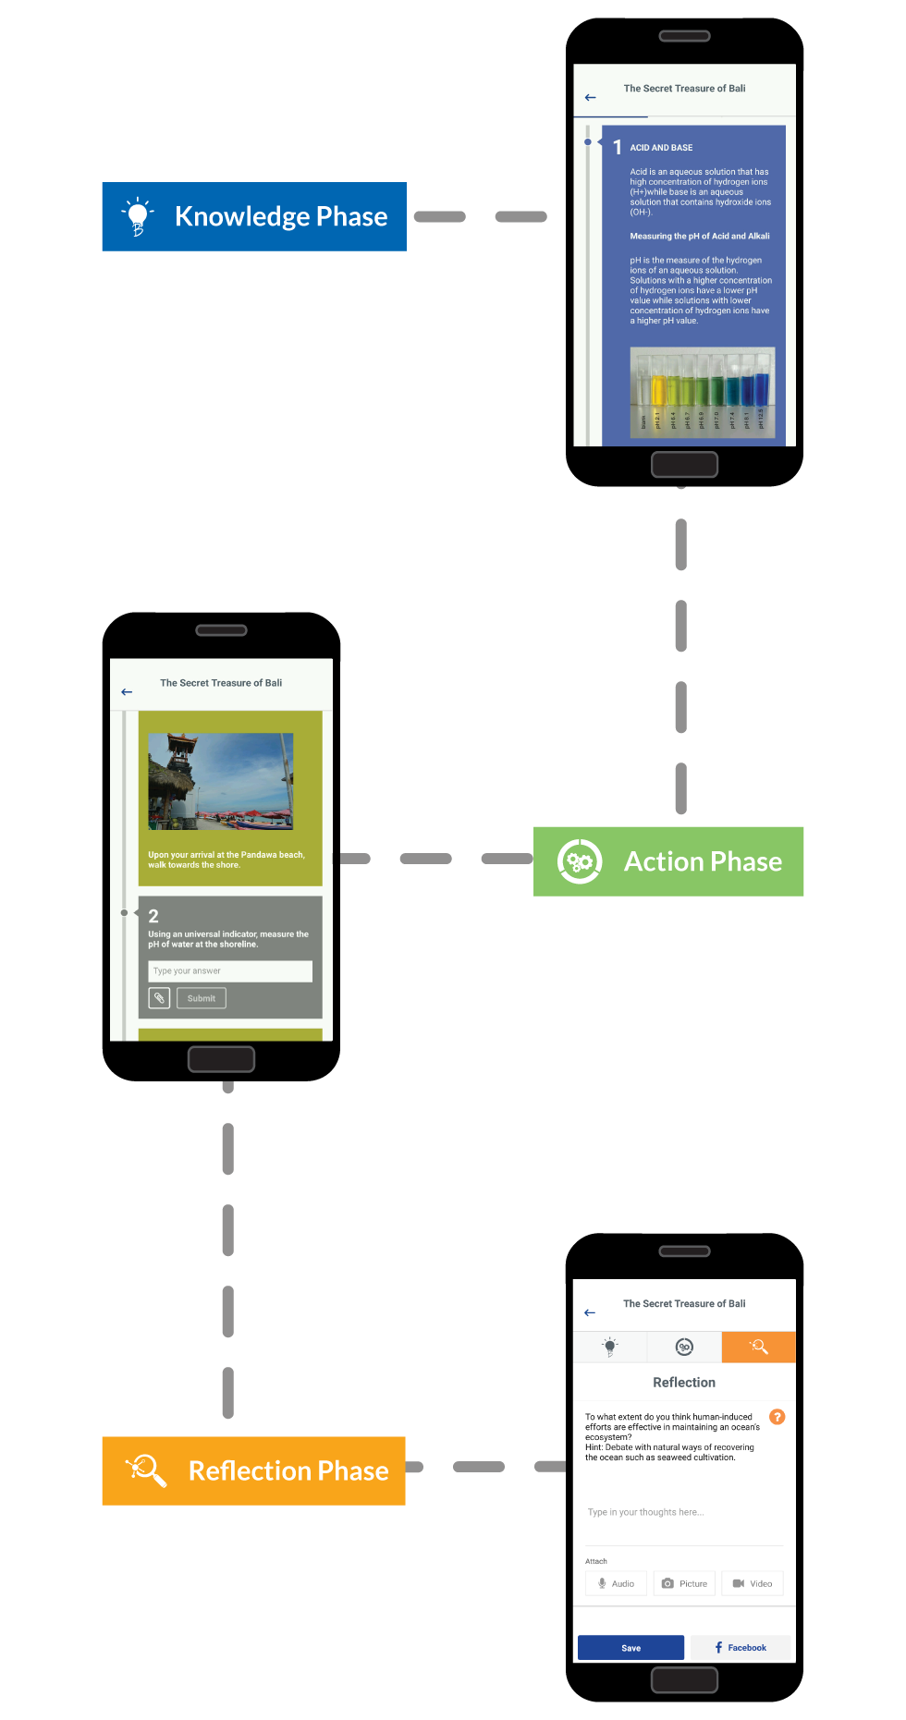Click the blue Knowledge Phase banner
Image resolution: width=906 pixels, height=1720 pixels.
254,216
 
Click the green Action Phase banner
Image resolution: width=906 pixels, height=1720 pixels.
668,861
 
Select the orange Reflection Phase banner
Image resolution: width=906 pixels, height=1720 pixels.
253,1470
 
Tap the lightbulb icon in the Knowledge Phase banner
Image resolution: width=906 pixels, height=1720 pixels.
138,216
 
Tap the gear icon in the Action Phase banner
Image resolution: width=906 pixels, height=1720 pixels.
580,861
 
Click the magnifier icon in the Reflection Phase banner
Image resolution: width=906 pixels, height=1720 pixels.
146,1470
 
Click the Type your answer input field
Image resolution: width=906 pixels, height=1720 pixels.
230,971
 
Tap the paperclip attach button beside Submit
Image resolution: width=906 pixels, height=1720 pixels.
159,998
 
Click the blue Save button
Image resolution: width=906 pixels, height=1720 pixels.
631,1648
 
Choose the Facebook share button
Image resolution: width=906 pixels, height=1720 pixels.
741,1648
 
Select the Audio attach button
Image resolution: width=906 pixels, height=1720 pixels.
616,1583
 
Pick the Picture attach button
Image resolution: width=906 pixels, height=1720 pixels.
684,1583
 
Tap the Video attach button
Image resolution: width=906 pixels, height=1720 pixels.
753,1583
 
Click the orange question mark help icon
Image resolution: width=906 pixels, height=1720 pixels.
777,1417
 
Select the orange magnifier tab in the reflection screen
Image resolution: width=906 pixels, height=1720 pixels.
759,1347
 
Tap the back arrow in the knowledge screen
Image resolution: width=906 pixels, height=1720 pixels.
591,97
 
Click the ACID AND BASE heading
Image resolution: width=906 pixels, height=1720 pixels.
661,148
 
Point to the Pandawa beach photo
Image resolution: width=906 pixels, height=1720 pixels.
221,781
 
